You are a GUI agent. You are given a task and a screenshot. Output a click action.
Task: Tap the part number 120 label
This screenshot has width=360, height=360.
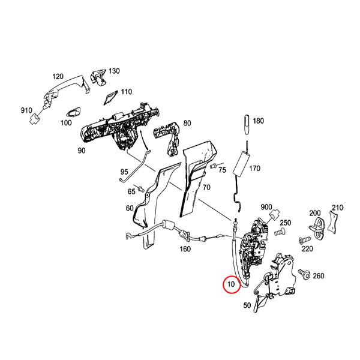[58, 77]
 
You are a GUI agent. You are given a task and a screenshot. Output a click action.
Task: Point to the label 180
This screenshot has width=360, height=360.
[258, 121]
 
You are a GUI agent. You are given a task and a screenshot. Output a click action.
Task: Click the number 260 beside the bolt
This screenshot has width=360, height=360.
[318, 276]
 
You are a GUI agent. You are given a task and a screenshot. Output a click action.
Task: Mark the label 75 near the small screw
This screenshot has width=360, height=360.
[221, 170]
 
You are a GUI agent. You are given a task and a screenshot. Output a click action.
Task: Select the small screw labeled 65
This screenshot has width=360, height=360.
[142, 190]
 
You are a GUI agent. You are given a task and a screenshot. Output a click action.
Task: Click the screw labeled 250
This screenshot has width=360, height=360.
[279, 230]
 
